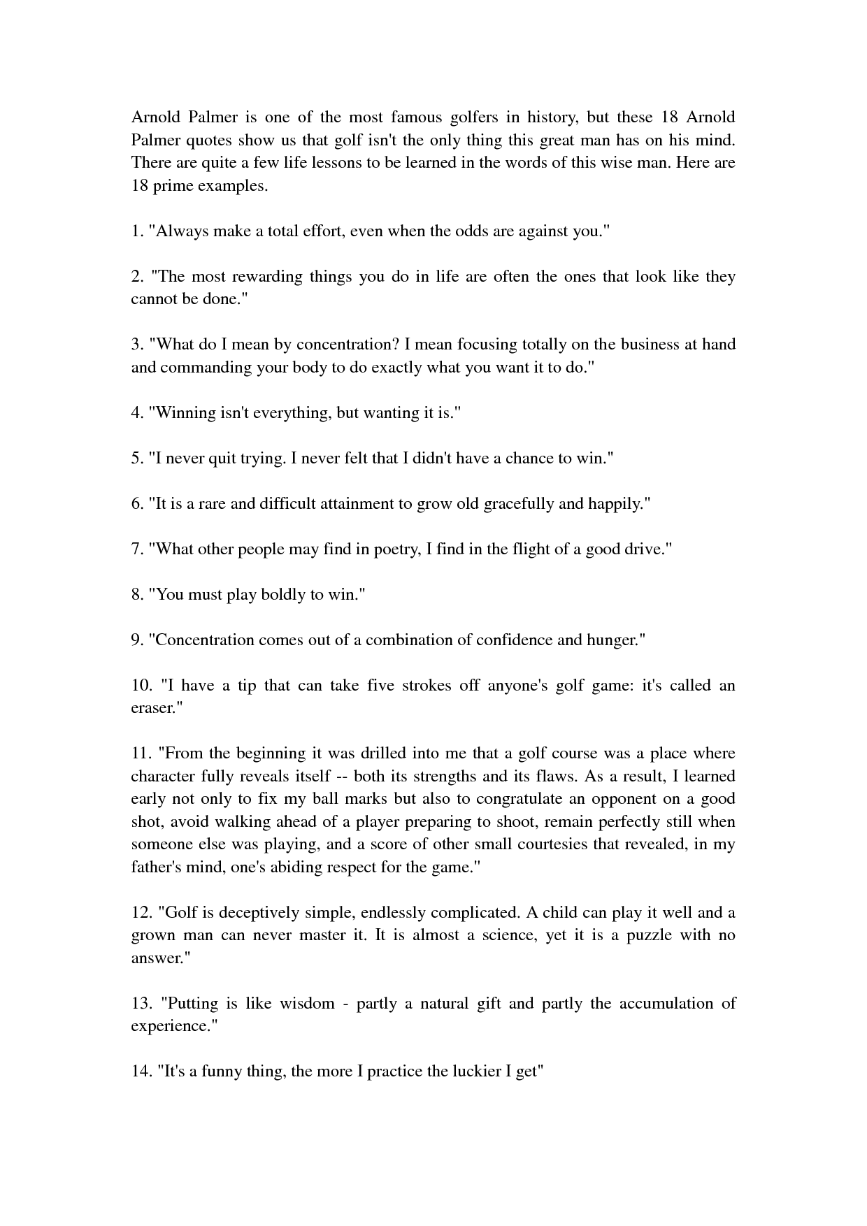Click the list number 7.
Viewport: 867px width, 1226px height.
coord(137,549)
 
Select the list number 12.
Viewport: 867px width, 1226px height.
coord(141,913)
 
